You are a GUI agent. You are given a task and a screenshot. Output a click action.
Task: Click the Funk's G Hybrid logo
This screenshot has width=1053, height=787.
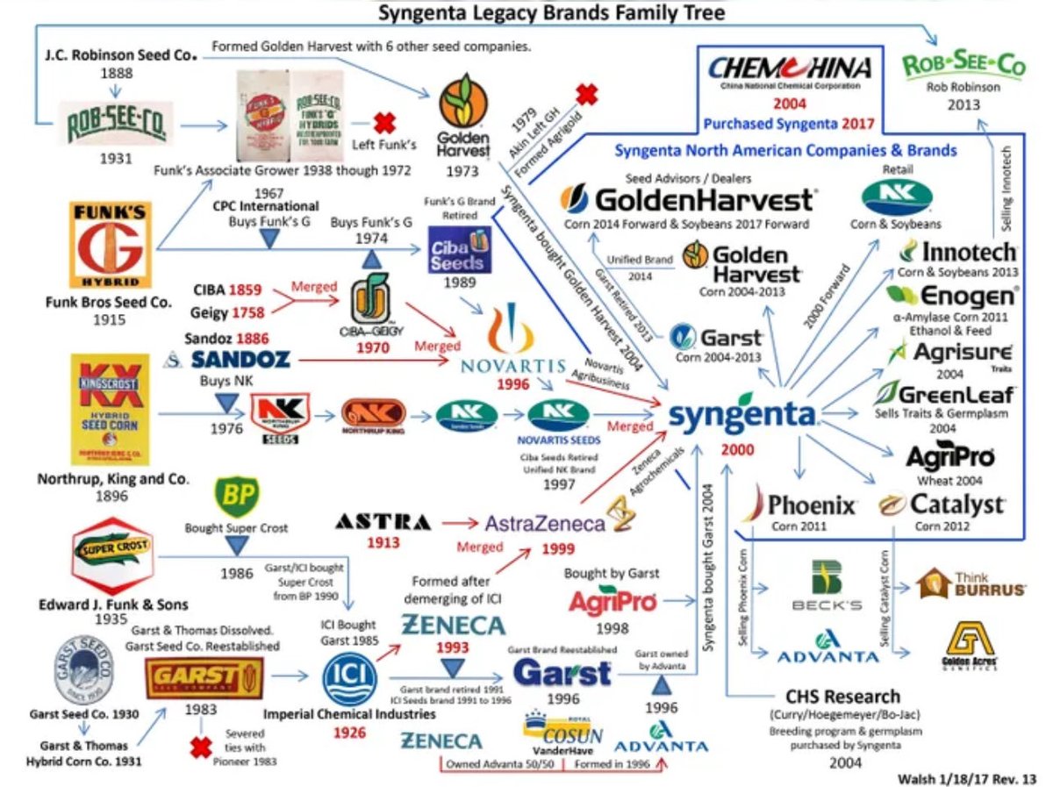click(110, 245)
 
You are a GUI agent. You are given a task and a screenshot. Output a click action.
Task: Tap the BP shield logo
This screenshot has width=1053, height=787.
click(236, 497)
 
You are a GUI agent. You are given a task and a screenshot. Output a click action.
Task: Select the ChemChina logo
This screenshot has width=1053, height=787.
click(789, 71)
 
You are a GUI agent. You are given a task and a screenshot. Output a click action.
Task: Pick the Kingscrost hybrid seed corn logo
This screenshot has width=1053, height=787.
click(110, 409)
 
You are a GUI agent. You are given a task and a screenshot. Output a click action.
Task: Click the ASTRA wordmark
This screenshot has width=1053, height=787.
click(383, 524)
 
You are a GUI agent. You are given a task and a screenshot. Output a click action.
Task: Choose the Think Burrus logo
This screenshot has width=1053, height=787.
click(971, 583)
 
